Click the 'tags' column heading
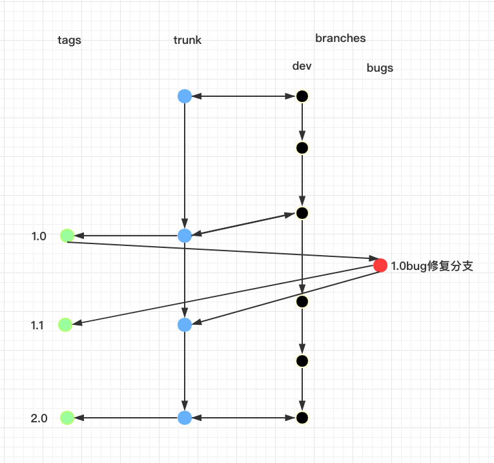[69, 40]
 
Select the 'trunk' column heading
[187, 40]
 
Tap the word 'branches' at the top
[340, 38]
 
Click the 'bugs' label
[380, 68]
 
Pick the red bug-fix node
[380, 265]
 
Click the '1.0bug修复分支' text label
[432, 265]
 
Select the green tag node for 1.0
[67, 236]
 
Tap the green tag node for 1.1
[65, 325]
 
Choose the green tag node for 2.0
[67, 418]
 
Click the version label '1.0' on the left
[39, 236]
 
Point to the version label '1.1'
[37, 325]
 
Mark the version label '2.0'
[39, 418]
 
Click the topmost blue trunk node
[185, 96]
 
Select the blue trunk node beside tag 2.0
[185, 418]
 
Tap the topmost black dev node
[302, 97]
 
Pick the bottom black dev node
[302, 418]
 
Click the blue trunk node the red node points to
[185, 325]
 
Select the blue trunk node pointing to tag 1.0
[185, 236]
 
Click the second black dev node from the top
[302, 148]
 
